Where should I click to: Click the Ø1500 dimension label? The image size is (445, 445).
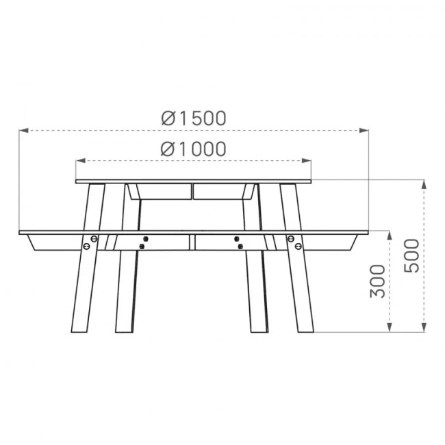pyautogui.click(x=194, y=118)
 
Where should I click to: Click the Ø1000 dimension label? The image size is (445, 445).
pyautogui.click(x=194, y=149)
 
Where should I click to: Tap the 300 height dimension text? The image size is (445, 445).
pyautogui.click(x=378, y=281)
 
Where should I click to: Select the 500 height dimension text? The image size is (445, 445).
pyautogui.click(x=411, y=256)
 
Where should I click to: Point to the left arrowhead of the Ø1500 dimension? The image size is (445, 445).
pyautogui.click(x=24, y=131)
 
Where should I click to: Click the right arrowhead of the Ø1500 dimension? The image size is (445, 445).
pyautogui.click(x=364, y=131)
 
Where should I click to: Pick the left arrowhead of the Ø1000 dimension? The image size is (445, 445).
pyautogui.click(x=81, y=161)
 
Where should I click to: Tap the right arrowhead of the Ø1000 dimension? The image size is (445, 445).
pyautogui.click(x=306, y=161)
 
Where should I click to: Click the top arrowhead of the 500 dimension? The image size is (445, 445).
pyautogui.click(x=424, y=185)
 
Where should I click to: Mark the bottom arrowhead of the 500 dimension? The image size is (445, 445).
pyautogui.click(x=424, y=327)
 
